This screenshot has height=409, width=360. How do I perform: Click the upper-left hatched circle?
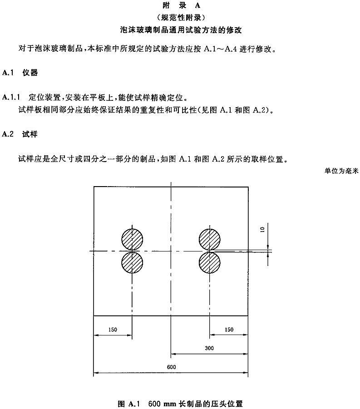point(132,239)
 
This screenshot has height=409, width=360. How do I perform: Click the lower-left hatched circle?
point(132,262)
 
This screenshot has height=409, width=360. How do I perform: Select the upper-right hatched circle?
point(209,239)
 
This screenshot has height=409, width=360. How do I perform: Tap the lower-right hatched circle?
point(209,262)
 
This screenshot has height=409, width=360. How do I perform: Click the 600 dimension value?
point(172,367)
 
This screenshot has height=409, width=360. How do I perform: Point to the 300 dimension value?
point(209,348)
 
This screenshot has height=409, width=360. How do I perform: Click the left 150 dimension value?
point(113,330)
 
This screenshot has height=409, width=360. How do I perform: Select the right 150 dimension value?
point(229,330)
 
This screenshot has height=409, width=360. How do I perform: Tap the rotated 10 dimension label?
point(262,230)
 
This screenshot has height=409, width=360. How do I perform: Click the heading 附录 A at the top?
point(181,5)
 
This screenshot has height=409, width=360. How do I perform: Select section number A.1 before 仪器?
point(8,73)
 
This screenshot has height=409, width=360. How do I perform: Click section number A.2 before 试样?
point(8,134)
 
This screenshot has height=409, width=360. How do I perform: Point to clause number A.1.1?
point(11,97)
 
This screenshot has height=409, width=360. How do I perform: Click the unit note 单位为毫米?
point(341,171)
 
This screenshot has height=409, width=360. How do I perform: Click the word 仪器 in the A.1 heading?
point(30,73)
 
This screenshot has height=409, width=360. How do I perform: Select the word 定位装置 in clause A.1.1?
point(44,98)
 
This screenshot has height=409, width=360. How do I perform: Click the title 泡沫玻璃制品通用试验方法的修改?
point(181,30)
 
